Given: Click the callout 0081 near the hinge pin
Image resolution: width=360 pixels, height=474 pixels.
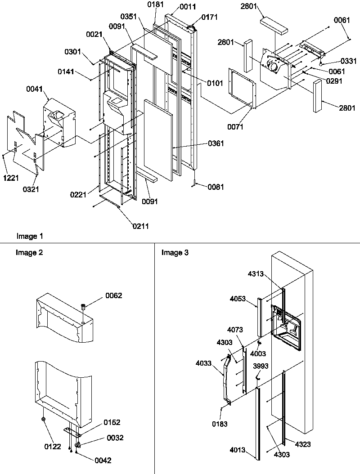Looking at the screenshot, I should point(216,187).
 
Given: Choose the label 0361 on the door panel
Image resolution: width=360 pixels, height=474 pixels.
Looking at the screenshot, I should point(216,143).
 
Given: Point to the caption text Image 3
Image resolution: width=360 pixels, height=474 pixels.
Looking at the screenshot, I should point(175,253).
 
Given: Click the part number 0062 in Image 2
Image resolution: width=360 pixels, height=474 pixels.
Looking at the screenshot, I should point(114,295).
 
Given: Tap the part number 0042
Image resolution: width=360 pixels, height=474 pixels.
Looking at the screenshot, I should point(103,460).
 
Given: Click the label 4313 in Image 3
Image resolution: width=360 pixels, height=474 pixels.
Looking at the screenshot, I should point(256,273).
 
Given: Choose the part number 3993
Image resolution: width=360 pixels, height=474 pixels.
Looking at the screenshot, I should point(261,366).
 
